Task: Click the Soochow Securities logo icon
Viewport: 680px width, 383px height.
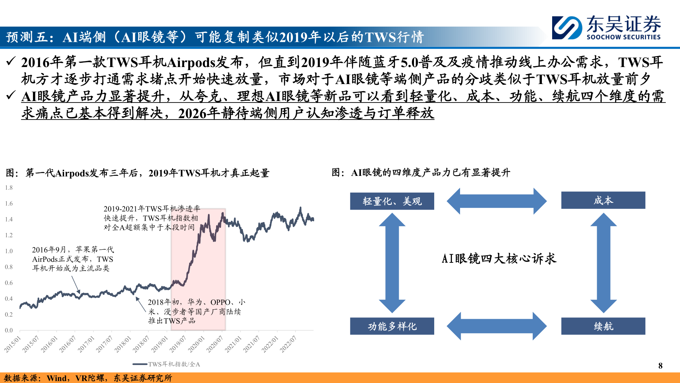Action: [567, 28]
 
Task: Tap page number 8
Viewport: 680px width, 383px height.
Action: [660, 366]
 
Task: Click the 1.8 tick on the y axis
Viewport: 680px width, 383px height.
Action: [9, 188]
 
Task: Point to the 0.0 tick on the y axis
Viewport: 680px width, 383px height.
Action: [9, 330]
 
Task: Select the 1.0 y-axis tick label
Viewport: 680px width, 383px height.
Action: [9, 251]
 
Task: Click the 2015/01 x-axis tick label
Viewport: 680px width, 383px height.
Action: [13, 344]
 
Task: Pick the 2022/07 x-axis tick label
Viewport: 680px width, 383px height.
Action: [288, 344]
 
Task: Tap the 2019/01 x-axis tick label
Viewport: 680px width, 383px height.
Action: [160, 344]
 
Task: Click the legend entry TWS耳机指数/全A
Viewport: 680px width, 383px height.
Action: [166, 364]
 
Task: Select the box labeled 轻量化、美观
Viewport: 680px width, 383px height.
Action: [392, 201]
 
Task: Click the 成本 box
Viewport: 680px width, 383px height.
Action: [603, 200]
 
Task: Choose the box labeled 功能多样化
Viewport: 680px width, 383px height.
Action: [392, 326]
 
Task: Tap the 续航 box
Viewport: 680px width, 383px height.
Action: [603, 326]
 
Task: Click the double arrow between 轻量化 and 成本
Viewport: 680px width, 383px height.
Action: [497, 201]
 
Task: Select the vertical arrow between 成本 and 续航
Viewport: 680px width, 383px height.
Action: [603, 263]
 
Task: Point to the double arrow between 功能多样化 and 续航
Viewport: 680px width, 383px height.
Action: [497, 326]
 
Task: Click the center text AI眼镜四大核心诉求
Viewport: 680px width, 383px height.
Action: [499, 259]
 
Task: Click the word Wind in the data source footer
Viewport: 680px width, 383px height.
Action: [57, 378]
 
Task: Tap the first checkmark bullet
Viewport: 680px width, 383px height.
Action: [11, 62]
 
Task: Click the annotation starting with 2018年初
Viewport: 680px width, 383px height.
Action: [196, 311]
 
